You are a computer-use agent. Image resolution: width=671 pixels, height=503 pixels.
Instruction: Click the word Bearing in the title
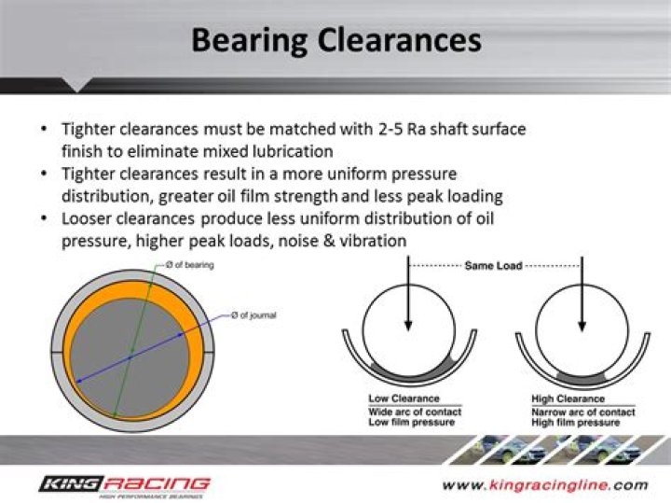click(x=249, y=41)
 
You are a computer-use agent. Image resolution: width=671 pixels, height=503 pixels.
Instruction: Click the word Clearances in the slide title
click(x=399, y=40)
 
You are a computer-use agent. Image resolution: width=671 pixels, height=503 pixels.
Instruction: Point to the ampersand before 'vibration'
click(x=329, y=241)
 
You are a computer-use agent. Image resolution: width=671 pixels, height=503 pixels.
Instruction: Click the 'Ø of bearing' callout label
click(x=189, y=265)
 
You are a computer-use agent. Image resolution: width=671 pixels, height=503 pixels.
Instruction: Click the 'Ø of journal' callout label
click(x=253, y=315)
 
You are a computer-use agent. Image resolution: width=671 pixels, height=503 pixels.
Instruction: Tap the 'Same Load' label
click(x=493, y=266)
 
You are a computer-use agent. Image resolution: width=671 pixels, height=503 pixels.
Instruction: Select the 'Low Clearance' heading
click(x=404, y=398)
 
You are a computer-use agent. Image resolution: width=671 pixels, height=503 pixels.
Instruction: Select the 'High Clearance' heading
click(x=568, y=398)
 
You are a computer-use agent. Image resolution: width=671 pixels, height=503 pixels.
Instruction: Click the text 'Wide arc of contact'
click(x=415, y=412)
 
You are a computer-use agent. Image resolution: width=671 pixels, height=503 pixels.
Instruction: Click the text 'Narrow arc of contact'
click(x=583, y=412)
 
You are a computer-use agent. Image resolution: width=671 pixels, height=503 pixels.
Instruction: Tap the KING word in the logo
click(x=72, y=484)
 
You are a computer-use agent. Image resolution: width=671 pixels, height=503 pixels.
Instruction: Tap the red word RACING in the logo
click(x=157, y=484)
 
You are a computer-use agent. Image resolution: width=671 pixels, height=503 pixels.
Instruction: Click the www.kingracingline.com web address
click(x=545, y=485)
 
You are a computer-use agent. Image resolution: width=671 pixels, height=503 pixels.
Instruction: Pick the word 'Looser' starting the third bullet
click(x=86, y=218)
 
